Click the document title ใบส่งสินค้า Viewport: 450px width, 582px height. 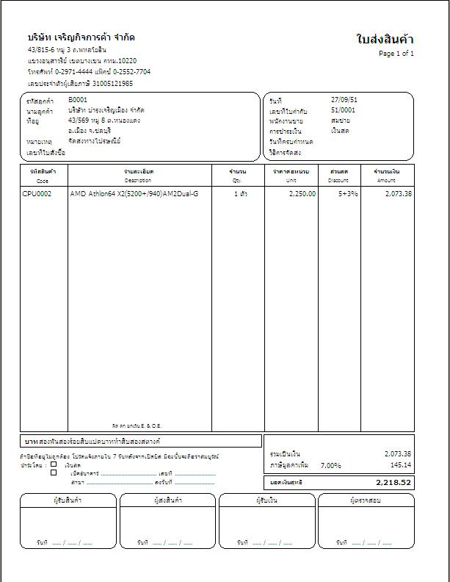click(x=384, y=40)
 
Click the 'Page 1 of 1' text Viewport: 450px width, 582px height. click(x=396, y=54)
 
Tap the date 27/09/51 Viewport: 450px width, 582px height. click(x=343, y=99)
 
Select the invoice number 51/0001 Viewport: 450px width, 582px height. click(x=343, y=109)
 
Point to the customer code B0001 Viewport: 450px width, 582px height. click(x=78, y=99)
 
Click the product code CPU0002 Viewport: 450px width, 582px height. click(x=37, y=194)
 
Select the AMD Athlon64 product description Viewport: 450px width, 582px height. click(x=134, y=194)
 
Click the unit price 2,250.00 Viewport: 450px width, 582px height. click(x=302, y=194)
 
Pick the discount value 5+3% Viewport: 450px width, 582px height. click(x=348, y=194)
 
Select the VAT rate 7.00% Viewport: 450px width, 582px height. click(x=331, y=465)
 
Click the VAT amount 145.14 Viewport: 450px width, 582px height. click(x=400, y=465)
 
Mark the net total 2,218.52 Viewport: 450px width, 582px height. click(x=394, y=483)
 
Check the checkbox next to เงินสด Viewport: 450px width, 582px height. click(x=54, y=464)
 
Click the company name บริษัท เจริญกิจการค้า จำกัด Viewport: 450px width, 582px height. click(x=81, y=37)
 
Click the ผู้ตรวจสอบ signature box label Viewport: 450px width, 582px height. click(x=366, y=500)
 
